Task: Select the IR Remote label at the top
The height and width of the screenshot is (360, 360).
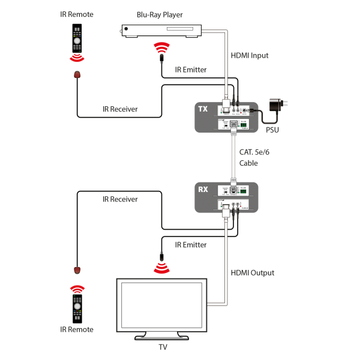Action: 76,14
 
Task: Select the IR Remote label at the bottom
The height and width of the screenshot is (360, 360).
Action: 76,329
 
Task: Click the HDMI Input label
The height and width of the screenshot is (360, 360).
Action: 250,55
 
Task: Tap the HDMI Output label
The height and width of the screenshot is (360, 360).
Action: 253,272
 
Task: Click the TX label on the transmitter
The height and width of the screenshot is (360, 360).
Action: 203,109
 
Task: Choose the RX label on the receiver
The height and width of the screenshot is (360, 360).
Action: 203,189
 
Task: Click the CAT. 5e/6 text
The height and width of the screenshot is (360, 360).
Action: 254,152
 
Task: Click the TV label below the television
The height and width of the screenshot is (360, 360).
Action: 163,347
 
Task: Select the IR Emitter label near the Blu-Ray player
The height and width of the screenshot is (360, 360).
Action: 190,70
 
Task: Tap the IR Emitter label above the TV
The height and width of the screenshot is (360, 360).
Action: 190,245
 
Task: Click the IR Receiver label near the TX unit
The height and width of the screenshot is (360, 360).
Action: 120,109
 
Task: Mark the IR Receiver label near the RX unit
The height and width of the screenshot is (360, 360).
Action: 120,199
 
